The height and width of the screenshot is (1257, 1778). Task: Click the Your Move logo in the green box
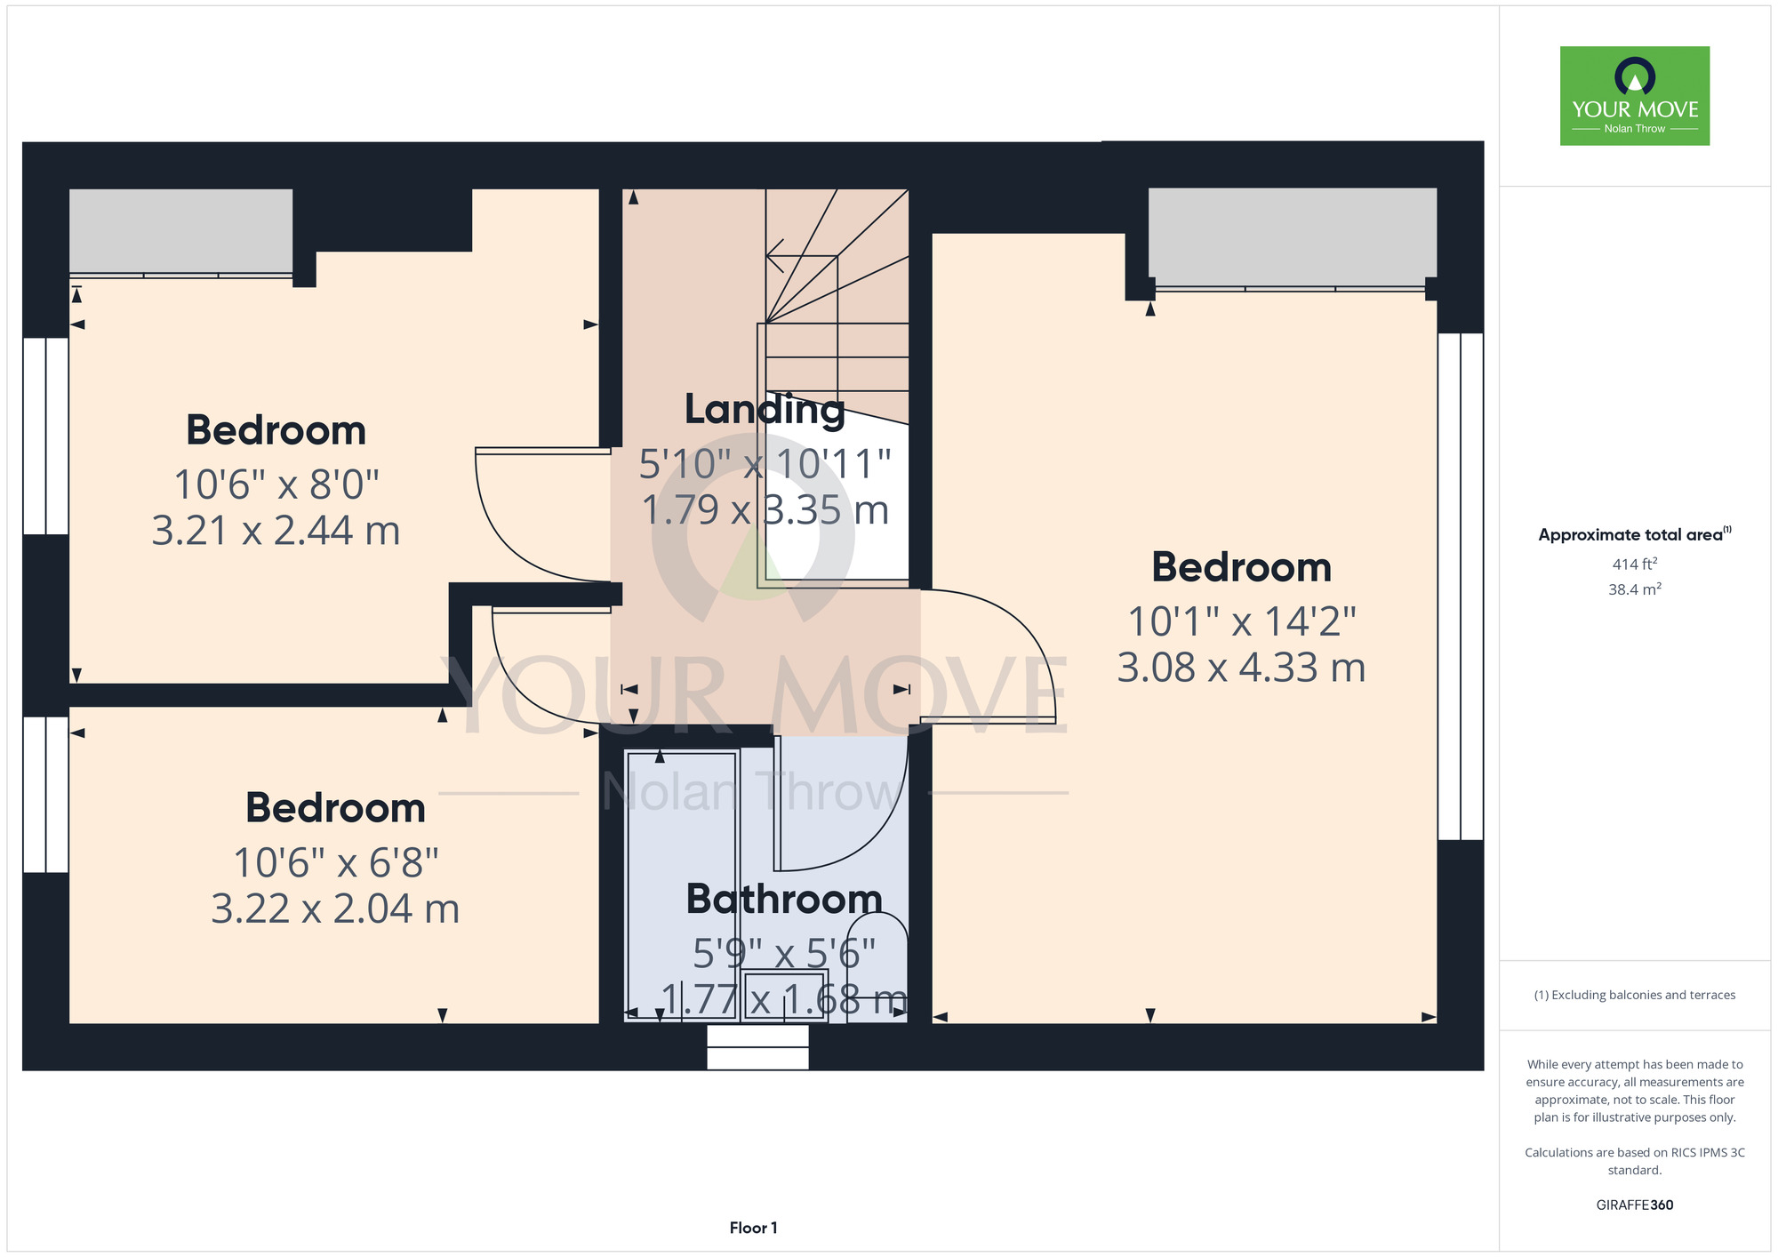pos(1634,96)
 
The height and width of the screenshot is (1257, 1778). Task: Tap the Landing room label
pos(765,409)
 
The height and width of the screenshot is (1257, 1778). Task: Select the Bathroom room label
pos(784,899)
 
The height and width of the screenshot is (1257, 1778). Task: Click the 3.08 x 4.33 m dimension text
pos(1241,668)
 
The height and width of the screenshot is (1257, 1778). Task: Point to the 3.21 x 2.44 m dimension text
pos(276,531)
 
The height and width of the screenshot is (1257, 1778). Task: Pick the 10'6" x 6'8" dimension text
pos(335,862)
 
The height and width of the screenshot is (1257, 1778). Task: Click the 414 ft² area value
pos(1634,564)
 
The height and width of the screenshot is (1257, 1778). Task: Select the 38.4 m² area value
pos(1634,588)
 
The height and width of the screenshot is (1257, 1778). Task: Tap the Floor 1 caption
pos(753,1228)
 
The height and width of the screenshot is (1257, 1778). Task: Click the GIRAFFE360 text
pos(1634,1205)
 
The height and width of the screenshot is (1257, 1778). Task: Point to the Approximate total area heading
pos(1634,534)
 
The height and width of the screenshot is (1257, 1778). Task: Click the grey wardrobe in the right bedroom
pos(1292,233)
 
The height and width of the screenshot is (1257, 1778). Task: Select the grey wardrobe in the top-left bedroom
pos(181,230)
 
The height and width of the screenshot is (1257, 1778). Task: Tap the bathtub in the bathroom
pos(683,886)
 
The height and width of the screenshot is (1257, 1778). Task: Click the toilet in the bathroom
pos(877,969)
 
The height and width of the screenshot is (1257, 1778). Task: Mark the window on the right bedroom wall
pos(1461,587)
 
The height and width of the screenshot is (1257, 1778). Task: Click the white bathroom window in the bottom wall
pos(757,1047)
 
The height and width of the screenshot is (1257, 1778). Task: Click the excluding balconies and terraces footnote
pos(1634,995)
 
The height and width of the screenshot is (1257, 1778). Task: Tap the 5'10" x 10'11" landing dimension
pos(765,464)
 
